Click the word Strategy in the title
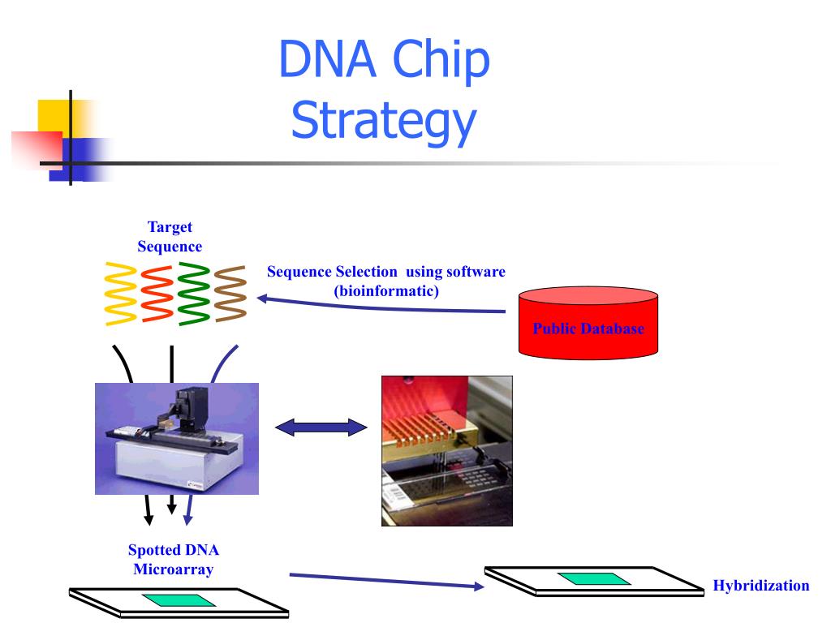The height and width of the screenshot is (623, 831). click(384, 122)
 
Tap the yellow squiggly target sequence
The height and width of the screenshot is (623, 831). click(121, 294)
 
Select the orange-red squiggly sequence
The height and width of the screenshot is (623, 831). click(157, 294)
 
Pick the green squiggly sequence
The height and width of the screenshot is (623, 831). click(194, 294)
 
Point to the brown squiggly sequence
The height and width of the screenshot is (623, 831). click(230, 294)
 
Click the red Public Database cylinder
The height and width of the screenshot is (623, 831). click(588, 323)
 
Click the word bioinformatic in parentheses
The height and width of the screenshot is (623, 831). click(386, 291)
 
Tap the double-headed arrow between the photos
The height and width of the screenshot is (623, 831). click(321, 427)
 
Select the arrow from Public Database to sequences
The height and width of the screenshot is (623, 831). click(381, 306)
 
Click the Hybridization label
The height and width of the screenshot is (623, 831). click(761, 586)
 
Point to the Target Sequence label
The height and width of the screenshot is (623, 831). click(170, 237)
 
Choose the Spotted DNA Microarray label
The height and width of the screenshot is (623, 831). click(174, 560)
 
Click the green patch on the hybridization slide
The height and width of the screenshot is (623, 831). click(594, 578)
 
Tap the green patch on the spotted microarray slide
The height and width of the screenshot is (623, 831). click(179, 600)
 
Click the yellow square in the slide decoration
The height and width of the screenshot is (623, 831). click(58, 118)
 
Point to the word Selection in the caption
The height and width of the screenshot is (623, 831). click(366, 272)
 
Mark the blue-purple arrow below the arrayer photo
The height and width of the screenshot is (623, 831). click(188, 509)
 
